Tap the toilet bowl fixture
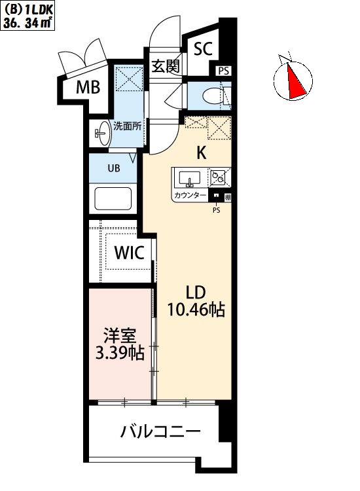[213, 95]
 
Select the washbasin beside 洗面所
[102, 134]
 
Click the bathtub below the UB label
[113, 200]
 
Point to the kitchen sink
[189, 179]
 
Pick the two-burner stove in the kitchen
[218, 177]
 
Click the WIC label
[130, 253]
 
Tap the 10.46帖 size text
[196, 310]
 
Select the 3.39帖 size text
[120, 354]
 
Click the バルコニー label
[160, 432]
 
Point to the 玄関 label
[166, 66]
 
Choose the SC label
[203, 49]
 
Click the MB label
[88, 87]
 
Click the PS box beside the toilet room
[223, 71]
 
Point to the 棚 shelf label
[228, 197]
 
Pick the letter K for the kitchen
[202, 153]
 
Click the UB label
[114, 168]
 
